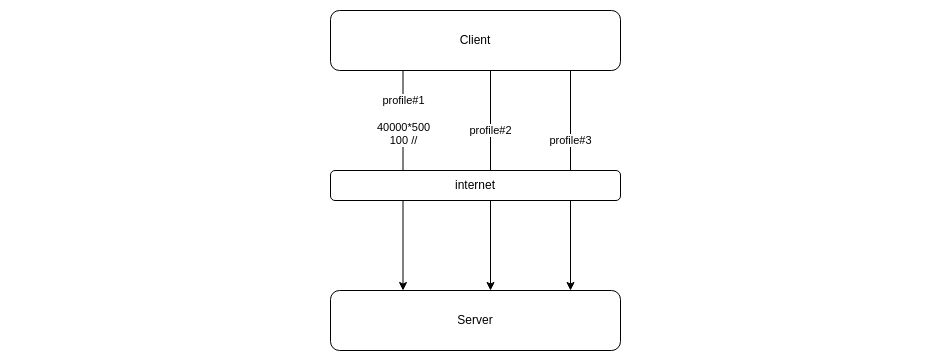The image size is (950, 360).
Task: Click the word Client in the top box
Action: pos(475,41)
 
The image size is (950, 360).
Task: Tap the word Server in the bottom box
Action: pos(475,320)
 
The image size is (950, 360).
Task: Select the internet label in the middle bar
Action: pos(475,185)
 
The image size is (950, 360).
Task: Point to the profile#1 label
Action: pos(403,100)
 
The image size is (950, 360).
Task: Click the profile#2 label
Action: pos(490,130)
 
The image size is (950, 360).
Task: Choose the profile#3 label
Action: pos(570,140)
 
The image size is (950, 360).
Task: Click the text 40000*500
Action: pos(403,127)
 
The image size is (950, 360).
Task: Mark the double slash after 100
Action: pos(413,141)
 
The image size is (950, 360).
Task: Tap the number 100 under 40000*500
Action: pos(398,141)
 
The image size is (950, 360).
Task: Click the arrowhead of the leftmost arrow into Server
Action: pos(403,286)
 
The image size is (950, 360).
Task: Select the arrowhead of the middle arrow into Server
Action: pos(490,286)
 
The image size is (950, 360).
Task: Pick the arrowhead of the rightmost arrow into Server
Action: pos(570,286)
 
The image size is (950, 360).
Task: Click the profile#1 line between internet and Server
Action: pos(403,240)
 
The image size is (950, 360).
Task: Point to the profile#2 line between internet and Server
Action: pos(490,240)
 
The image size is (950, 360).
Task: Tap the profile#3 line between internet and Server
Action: pos(570,240)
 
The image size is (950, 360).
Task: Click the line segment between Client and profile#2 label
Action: pos(490,95)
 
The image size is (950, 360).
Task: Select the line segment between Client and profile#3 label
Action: pos(570,100)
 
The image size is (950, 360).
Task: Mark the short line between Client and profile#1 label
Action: pos(403,81)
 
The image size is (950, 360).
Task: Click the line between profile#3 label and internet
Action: pos(570,159)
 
